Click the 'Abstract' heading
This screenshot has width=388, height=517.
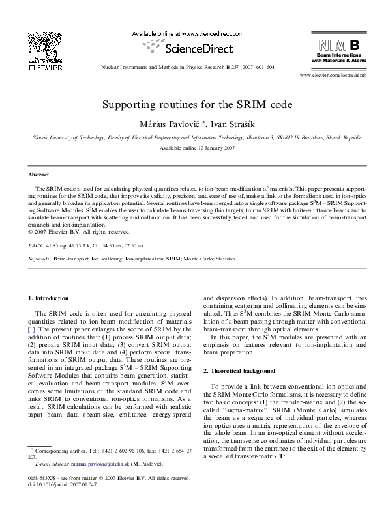(38, 175)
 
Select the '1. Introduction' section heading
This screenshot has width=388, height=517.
(48, 298)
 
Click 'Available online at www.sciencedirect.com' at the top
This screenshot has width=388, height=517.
(183, 33)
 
